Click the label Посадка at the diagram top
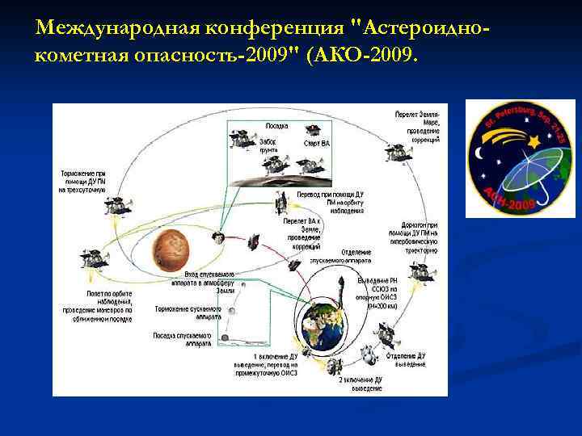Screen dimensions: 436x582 (276, 125)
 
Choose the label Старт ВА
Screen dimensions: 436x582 (316, 143)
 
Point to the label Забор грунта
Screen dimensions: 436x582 (268, 145)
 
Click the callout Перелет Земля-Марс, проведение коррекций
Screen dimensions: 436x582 (417, 127)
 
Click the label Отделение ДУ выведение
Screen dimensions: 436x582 (409, 360)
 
